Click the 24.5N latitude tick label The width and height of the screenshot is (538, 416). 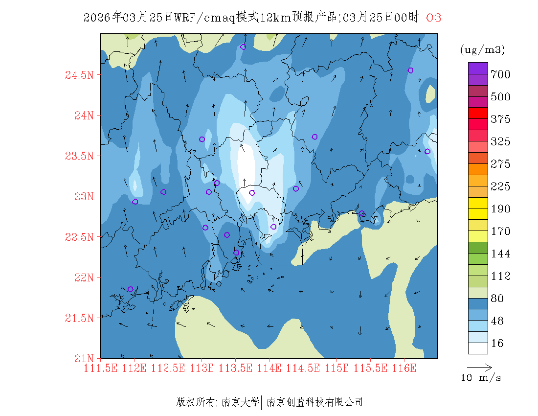pos(79,75)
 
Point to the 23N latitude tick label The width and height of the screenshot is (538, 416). pos(83,197)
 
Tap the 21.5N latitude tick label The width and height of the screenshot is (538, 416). pos(79,319)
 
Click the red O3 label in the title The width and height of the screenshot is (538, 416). pos(433,18)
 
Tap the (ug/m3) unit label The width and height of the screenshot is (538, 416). pos(482,50)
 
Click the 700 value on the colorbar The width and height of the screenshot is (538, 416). pos(501,74)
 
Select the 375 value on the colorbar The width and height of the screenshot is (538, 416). pos(501,119)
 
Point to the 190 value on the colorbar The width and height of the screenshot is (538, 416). pos(501,209)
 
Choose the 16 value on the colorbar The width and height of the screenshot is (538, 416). pos(497,344)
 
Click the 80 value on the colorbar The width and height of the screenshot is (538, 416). pos(497,299)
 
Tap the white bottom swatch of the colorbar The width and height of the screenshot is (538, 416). pos(478,348)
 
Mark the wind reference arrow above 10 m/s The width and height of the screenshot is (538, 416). pos(479,367)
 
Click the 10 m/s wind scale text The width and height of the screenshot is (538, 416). pos(481,378)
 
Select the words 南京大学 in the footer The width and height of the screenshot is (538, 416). pos(241,403)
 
